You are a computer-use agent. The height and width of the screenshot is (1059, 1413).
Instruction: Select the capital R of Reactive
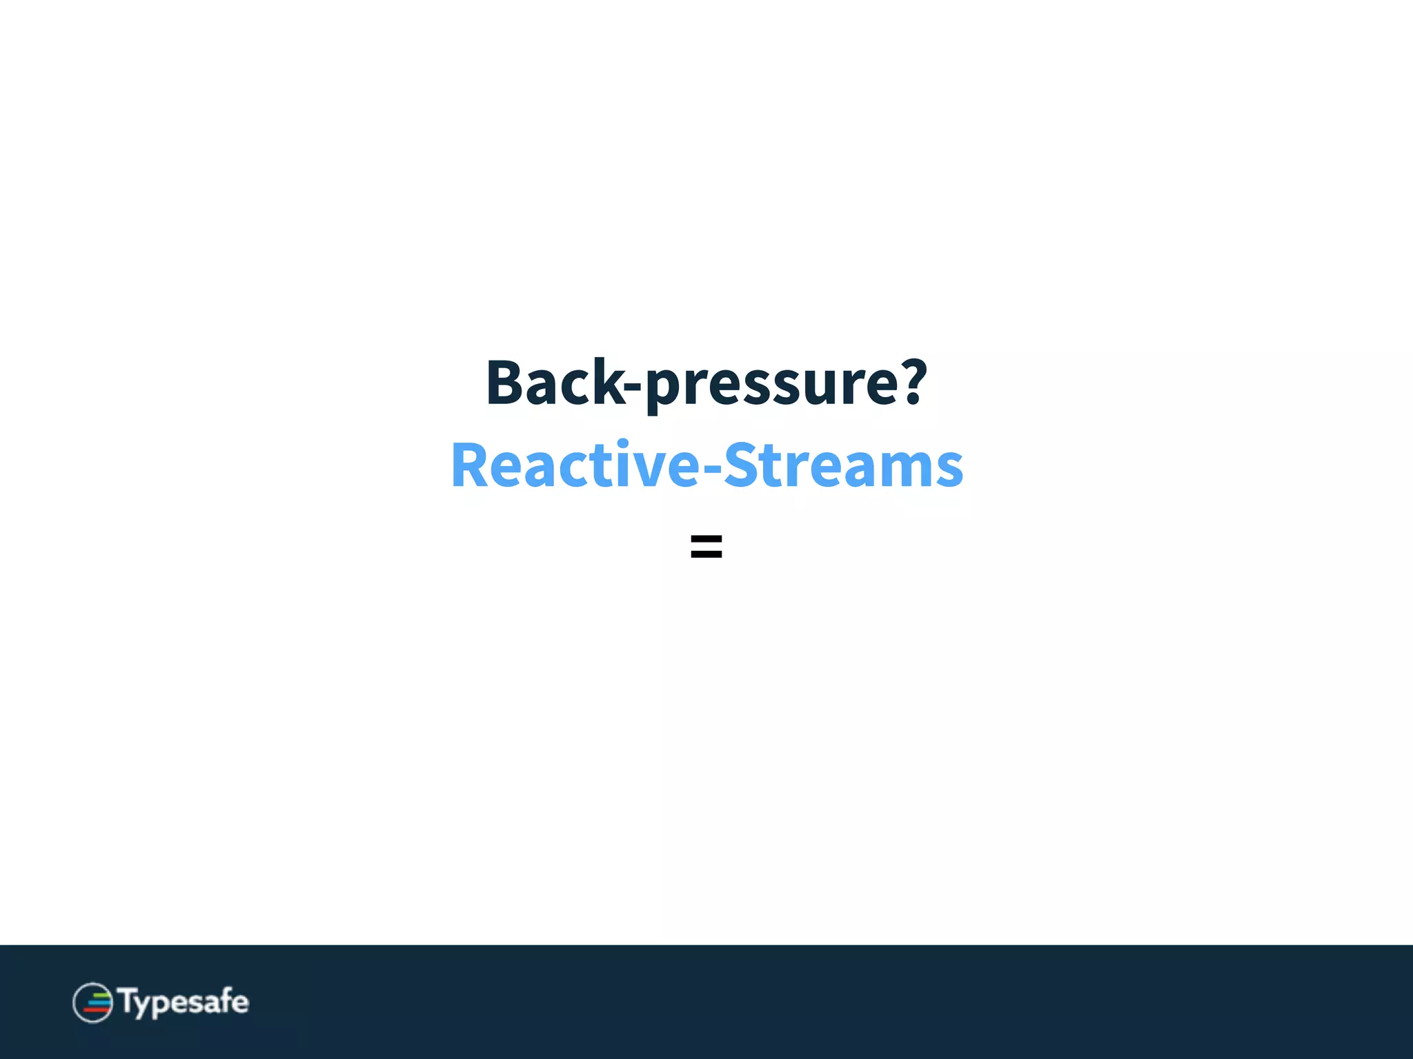(x=470, y=466)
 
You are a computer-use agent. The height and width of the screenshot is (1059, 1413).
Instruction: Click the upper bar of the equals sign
(x=706, y=539)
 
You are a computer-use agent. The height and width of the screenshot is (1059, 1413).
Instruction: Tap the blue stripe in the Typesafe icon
(x=99, y=1002)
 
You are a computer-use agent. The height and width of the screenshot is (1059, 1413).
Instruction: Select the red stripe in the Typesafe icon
(x=96, y=1010)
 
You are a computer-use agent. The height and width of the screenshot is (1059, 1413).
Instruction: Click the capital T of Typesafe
(x=128, y=1001)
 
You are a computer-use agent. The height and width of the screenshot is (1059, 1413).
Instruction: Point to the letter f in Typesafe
(x=224, y=1000)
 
